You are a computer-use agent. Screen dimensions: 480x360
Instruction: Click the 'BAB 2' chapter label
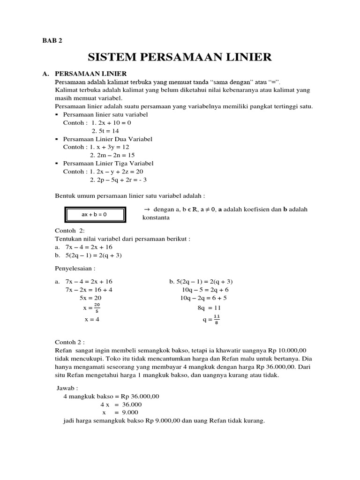pyautogui.click(x=52, y=40)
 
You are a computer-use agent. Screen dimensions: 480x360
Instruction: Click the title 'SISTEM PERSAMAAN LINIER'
pyautogui.click(x=180, y=57)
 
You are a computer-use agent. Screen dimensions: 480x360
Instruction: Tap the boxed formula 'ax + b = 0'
pyautogui.click(x=94, y=214)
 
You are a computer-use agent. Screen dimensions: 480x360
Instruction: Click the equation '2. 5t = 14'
pyautogui.click(x=106, y=131)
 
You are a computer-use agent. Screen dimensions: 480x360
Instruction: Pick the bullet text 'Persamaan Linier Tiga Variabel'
pyautogui.click(x=108, y=164)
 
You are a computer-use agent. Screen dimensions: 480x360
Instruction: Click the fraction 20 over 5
pyautogui.click(x=97, y=308)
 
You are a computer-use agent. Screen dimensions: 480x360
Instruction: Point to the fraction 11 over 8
pyautogui.click(x=217, y=319)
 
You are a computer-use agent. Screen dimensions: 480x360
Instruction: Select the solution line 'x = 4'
pyautogui.click(x=92, y=319)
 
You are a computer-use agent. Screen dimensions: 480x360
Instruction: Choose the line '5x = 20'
pyautogui.click(x=90, y=298)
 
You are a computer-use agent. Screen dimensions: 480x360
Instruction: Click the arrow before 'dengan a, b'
pyautogui.click(x=147, y=210)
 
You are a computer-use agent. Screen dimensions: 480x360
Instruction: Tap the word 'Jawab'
pyautogui.click(x=67, y=389)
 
